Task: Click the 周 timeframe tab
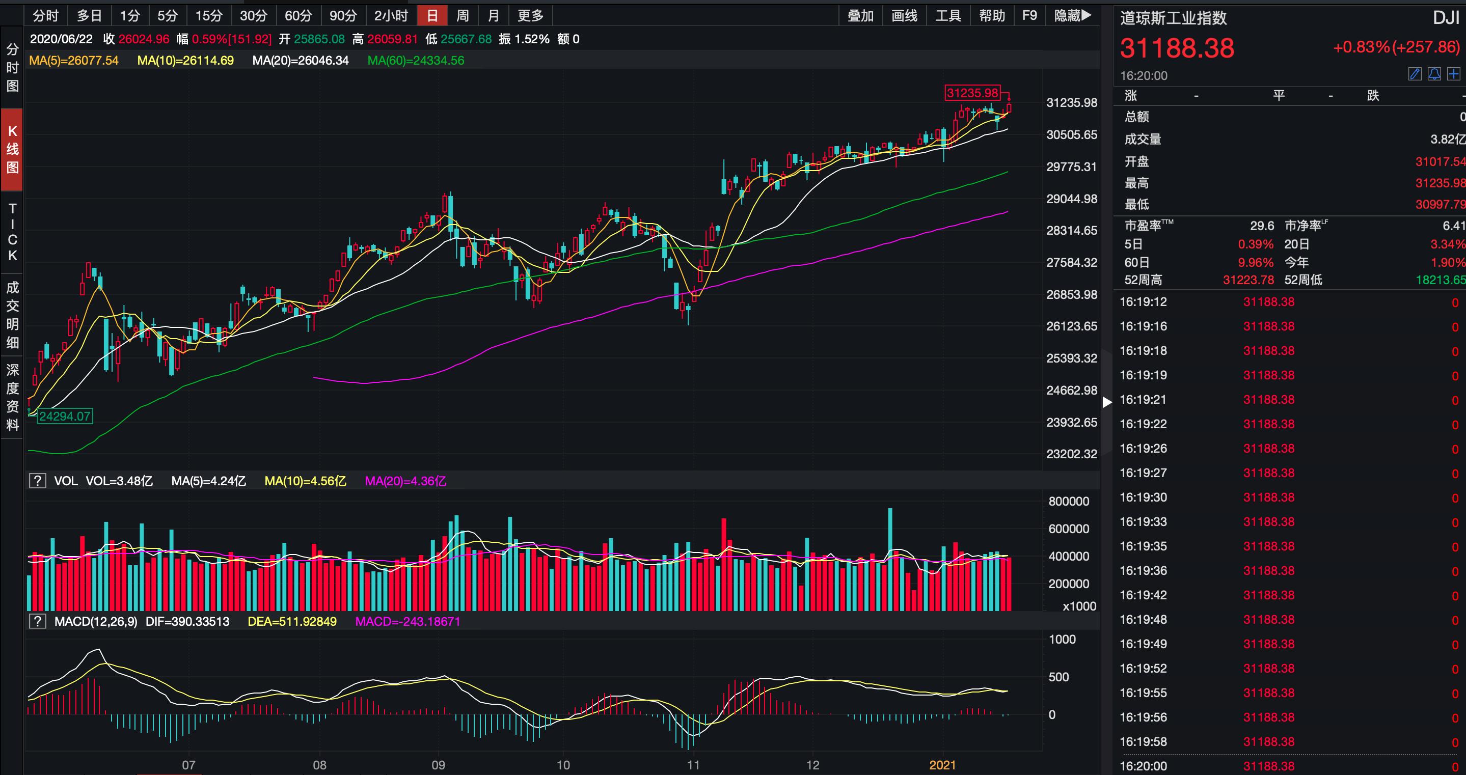(x=462, y=15)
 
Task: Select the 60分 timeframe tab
(x=298, y=15)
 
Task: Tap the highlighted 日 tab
(x=432, y=15)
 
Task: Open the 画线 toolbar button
(x=904, y=15)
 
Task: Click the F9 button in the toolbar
(x=1029, y=15)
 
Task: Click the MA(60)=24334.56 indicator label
(x=416, y=60)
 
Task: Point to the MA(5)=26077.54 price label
(x=74, y=60)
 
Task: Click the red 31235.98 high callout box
(x=972, y=93)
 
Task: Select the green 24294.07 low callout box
(x=65, y=416)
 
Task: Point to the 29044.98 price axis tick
(x=1072, y=199)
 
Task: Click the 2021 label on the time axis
(x=942, y=765)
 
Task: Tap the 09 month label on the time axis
(x=438, y=765)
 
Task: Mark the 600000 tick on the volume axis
(x=1069, y=529)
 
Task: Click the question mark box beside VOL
(x=38, y=481)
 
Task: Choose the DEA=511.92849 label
(x=292, y=621)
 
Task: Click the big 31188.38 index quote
(x=1177, y=48)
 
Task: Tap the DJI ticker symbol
(x=1446, y=18)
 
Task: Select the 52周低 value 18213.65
(x=1440, y=280)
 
